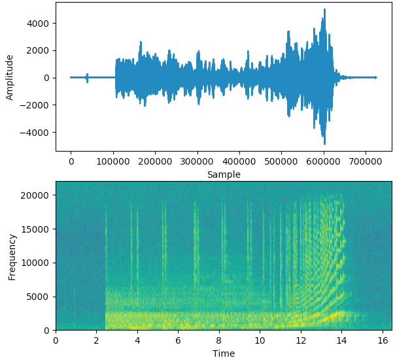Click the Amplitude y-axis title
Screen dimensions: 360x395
[x=9, y=77]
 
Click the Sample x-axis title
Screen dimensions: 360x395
[x=224, y=174]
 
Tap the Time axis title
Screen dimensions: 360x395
[x=224, y=353]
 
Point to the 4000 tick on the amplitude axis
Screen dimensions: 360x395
[x=39, y=23]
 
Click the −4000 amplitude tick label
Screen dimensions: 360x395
[x=36, y=133]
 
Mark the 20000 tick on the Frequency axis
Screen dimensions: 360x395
[x=37, y=195]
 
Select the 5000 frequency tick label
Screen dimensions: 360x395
[x=39, y=297]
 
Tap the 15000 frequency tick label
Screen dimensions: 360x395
[x=37, y=229]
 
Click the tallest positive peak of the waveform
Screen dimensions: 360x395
[x=324, y=10]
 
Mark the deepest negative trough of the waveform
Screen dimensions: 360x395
[x=324, y=144]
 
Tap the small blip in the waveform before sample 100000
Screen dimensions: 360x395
[x=87, y=77]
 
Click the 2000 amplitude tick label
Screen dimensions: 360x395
[x=39, y=50]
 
